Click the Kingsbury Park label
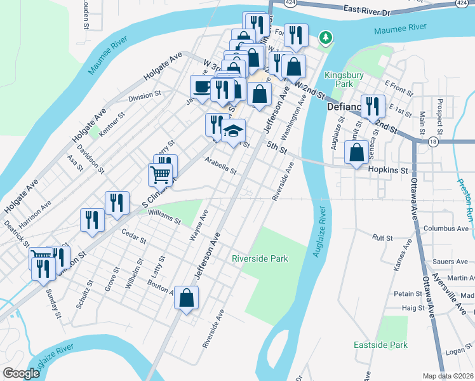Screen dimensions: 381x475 click(x=338, y=79)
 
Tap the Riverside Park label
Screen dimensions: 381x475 click(x=260, y=258)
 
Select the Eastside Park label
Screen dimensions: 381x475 click(x=380, y=345)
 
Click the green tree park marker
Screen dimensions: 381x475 click(x=326, y=39)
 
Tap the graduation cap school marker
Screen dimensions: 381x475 click(x=233, y=131)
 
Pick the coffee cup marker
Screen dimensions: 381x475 click(x=202, y=87)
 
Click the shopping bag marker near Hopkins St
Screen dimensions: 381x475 click(x=356, y=152)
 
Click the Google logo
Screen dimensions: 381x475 click(x=22, y=373)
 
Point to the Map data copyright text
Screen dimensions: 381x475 click(x=448, y=376)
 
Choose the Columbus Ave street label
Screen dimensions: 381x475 click(x=445, y=228)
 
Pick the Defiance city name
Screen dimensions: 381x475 click(x=344, y=107)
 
